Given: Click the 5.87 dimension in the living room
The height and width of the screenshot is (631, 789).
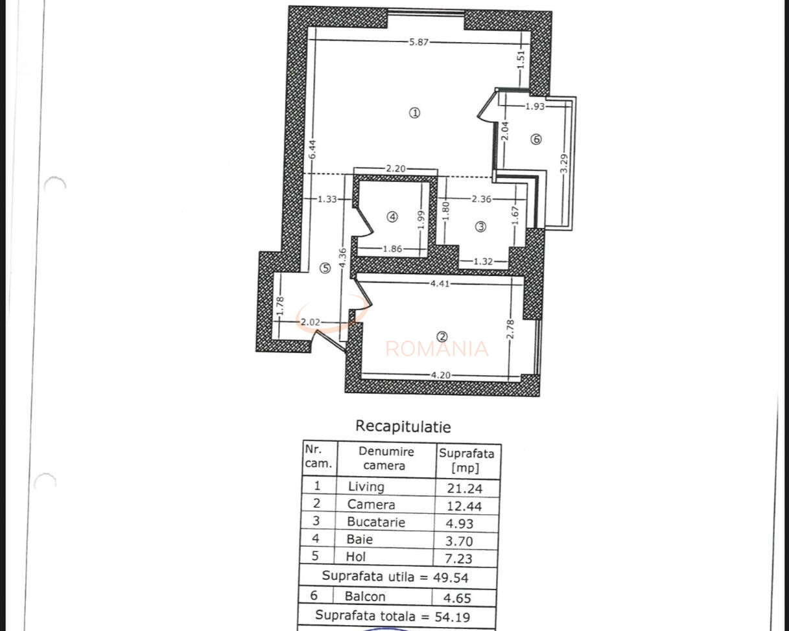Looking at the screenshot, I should [x=419, y=42].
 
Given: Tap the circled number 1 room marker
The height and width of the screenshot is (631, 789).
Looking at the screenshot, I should [x=415, y=113].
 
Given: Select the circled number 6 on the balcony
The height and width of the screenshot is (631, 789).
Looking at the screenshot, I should [x=536, y=139].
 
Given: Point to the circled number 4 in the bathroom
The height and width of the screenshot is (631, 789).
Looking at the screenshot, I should [x=392, y=217].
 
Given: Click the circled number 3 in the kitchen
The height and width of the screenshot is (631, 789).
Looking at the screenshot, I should [x=480, y=226].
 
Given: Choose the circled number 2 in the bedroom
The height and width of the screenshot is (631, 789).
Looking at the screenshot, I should [x=442, y=336].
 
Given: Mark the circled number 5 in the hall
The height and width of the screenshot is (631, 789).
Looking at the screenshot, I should [x=325, y=268].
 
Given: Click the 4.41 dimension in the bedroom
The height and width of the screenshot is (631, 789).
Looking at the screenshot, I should [x=440, y=283].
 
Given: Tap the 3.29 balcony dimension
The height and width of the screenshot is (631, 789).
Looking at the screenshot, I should [x=564, y=162].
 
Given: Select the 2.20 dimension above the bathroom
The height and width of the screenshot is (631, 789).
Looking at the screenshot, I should [x=395, y=169].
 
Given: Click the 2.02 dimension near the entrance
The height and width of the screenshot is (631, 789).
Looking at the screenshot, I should [x=310, y=322].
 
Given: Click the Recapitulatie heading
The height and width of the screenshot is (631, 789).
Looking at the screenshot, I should [x=403, y=426].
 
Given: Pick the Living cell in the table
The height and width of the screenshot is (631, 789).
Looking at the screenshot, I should [x=366, y=487].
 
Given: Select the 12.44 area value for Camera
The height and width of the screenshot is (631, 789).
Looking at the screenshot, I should [x=464, y=506].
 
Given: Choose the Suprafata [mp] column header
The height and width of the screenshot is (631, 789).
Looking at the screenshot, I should [x=466, y=460].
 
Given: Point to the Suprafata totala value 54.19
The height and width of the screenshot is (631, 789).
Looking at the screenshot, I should [x=453, y=617].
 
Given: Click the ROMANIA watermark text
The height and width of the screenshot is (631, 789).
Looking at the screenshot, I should [x=436, y=349].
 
